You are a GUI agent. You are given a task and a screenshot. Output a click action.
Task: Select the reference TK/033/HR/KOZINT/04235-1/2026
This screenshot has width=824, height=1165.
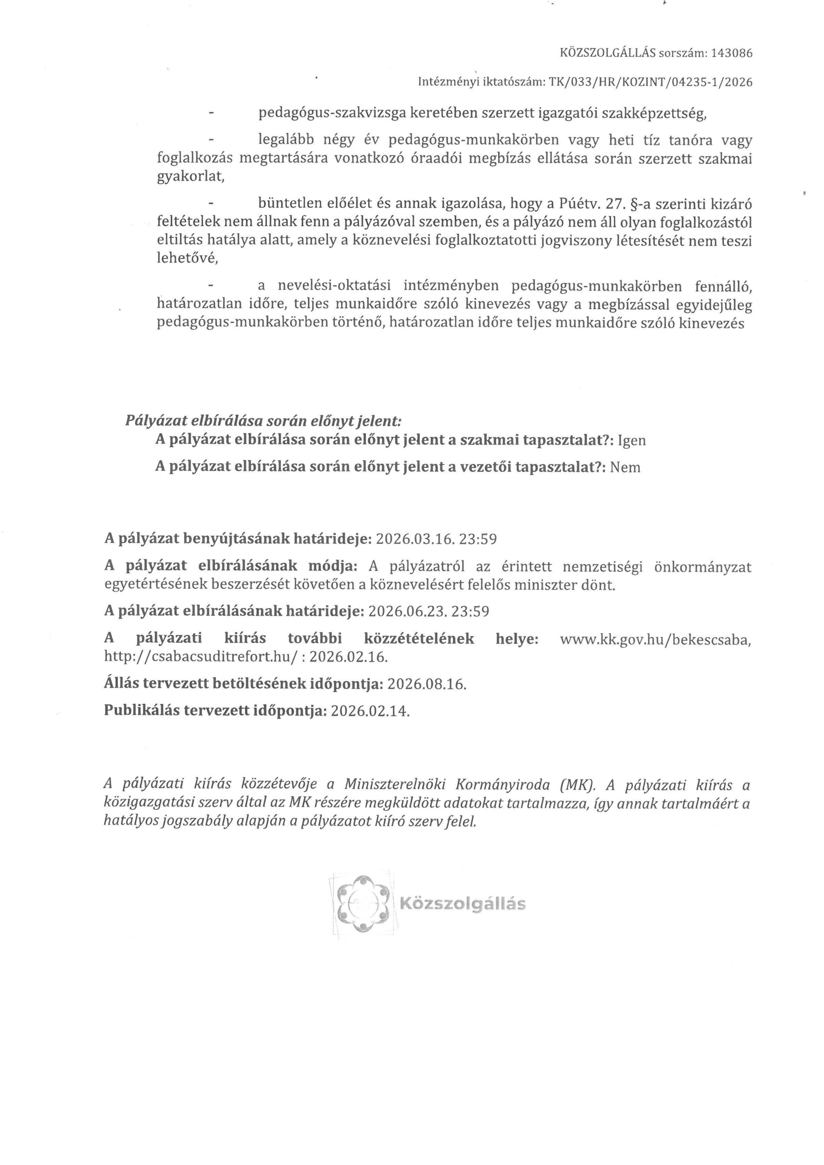click(650, 82)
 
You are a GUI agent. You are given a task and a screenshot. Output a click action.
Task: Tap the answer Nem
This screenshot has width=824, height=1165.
click(625, 467)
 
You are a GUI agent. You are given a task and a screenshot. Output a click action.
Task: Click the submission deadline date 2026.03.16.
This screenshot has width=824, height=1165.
click(415, 539)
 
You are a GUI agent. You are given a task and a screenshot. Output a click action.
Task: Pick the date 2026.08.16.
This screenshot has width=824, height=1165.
click(427, 684)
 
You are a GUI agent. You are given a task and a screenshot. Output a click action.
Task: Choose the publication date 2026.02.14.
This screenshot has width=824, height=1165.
click(370, 711)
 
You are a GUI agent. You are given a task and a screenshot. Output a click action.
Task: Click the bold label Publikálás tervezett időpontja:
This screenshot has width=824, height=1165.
click(215, 711)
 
